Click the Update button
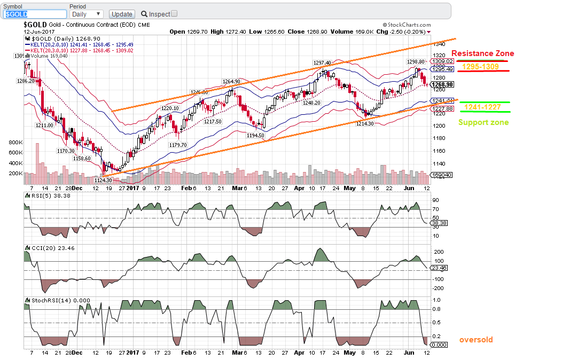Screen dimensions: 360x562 click(x=121, y=14)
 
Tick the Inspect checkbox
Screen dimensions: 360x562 click(x=174, y=14)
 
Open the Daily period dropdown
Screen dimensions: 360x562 click(x=86, y=14)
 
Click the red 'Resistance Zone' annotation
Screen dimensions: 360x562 click(x=482, y=53)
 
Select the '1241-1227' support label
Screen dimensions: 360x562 click(x=482, y=107)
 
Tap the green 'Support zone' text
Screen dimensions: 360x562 click(x=483, y=122)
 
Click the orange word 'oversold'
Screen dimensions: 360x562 click(x=476, y=340)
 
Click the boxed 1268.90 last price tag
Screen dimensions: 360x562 click(x=442, y=84)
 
